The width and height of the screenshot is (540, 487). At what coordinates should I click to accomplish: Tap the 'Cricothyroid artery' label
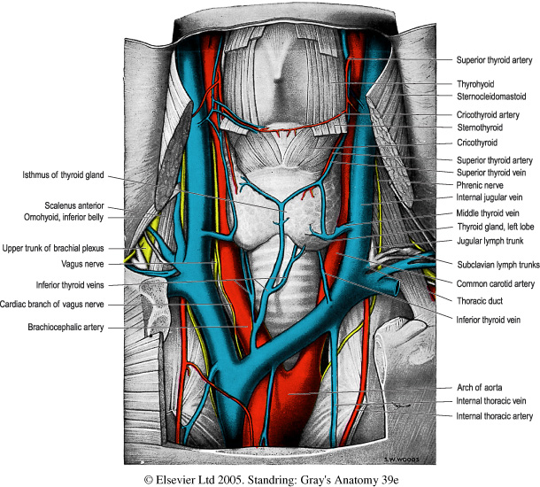[x=488, y=115]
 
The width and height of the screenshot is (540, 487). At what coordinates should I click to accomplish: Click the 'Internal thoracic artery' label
[x=494, y=415]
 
